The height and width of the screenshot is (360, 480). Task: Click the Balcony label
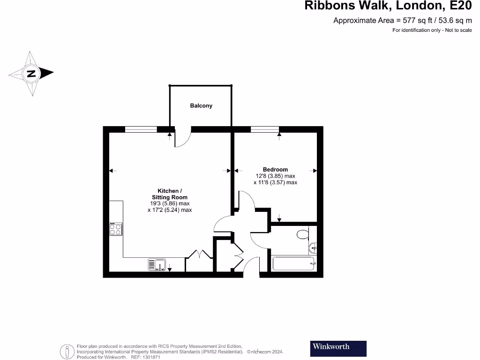[x=201, y=106]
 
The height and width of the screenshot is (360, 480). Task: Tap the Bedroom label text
[x=275, y=170]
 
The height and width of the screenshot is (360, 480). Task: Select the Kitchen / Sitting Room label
[x=168, y=194]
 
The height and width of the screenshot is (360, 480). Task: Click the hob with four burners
[x=116, y=229]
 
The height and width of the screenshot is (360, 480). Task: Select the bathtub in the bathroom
[x=293, y=263]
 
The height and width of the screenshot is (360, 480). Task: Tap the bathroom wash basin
[x=314, y=247]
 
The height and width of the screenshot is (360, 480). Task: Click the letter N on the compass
[x=31, y=74]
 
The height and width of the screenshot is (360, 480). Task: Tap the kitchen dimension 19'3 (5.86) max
[x=169, y=204]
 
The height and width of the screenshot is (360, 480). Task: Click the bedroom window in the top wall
[x=265, y=129]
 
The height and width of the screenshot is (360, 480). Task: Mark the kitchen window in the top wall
[x=141, y=129]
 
